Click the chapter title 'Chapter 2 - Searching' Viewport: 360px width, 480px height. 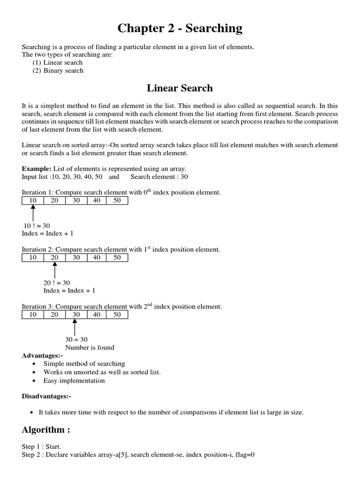180,29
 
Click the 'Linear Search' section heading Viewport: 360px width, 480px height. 180,88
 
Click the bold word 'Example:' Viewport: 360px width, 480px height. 37,168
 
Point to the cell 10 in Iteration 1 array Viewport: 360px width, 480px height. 33,201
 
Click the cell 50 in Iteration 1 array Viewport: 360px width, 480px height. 117,201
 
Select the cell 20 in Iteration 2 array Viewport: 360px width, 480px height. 54,257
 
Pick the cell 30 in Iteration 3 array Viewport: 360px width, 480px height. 76,315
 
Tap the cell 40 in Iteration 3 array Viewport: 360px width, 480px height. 97,315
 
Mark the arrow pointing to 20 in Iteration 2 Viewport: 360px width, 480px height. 55,270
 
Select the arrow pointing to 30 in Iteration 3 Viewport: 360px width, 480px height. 75,327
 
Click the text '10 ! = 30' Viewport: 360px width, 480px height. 37,225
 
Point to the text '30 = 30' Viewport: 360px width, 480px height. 76,339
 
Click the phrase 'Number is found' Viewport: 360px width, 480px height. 90,347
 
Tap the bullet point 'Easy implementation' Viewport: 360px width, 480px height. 74,381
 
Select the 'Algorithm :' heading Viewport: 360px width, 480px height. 49,430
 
